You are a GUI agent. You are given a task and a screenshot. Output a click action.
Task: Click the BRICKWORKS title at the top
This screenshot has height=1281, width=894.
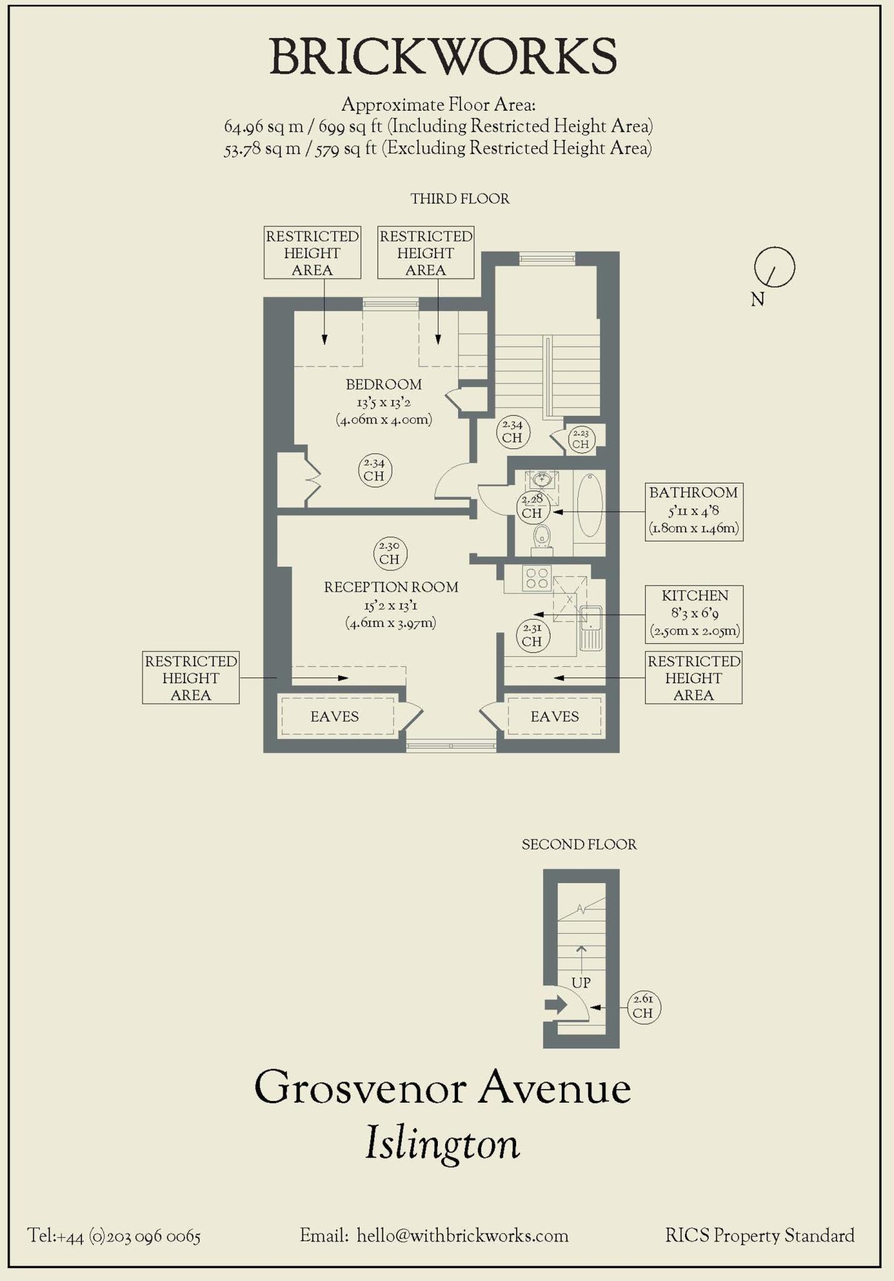[443, 57]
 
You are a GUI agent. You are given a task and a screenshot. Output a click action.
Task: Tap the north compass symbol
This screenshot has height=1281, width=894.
[774, 268]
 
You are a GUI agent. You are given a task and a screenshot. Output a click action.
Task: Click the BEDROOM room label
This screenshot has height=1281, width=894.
[384, 385]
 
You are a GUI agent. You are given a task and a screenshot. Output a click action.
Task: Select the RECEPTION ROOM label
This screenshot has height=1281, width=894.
[391, 587]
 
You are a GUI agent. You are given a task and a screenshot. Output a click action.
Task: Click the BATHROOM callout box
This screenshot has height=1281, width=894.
[693, 511]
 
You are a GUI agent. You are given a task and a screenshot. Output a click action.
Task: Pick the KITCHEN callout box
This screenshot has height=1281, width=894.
[694, 614]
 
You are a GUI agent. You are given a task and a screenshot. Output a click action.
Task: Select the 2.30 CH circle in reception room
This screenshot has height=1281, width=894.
[389, 553]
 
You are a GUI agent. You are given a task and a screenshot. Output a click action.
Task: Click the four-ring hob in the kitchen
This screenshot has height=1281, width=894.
[537, 578]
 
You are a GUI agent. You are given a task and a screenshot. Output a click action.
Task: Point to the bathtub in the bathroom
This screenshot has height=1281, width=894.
[589, 505]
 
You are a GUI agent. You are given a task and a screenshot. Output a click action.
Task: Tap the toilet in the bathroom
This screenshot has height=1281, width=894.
[542, 537]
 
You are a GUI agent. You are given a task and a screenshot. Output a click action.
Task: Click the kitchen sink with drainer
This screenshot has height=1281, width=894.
[591, 627]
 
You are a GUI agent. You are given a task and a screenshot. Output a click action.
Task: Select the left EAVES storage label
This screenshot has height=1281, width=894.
[335, 717]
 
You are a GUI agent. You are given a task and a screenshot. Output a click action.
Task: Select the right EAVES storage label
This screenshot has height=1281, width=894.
[554, 717]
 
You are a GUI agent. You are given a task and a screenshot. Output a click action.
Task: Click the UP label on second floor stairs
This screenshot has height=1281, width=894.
[581, 983]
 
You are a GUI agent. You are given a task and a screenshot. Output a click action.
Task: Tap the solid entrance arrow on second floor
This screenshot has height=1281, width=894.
[555, 1005]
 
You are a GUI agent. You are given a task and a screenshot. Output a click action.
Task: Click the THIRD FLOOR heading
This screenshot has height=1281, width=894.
[460, 199]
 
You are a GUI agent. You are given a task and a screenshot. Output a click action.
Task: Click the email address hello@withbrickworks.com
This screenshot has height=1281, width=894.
[462, 1236]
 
